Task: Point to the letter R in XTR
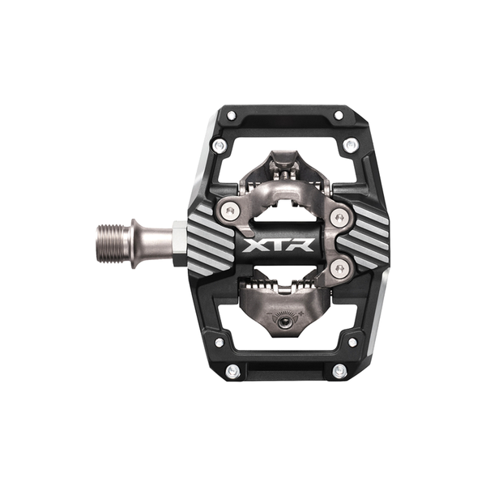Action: [x=307, y=242]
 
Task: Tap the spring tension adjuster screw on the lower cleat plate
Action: [x=283, y=321]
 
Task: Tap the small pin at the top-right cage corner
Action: [x=339, y=116]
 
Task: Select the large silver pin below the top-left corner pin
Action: [x=219, y=146]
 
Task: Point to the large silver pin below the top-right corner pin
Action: [x=350, y=146]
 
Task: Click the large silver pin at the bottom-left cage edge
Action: [x=233, y=370]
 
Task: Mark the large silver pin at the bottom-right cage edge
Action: [x=339, y=370]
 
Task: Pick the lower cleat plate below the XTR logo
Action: [x=283, y=308]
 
